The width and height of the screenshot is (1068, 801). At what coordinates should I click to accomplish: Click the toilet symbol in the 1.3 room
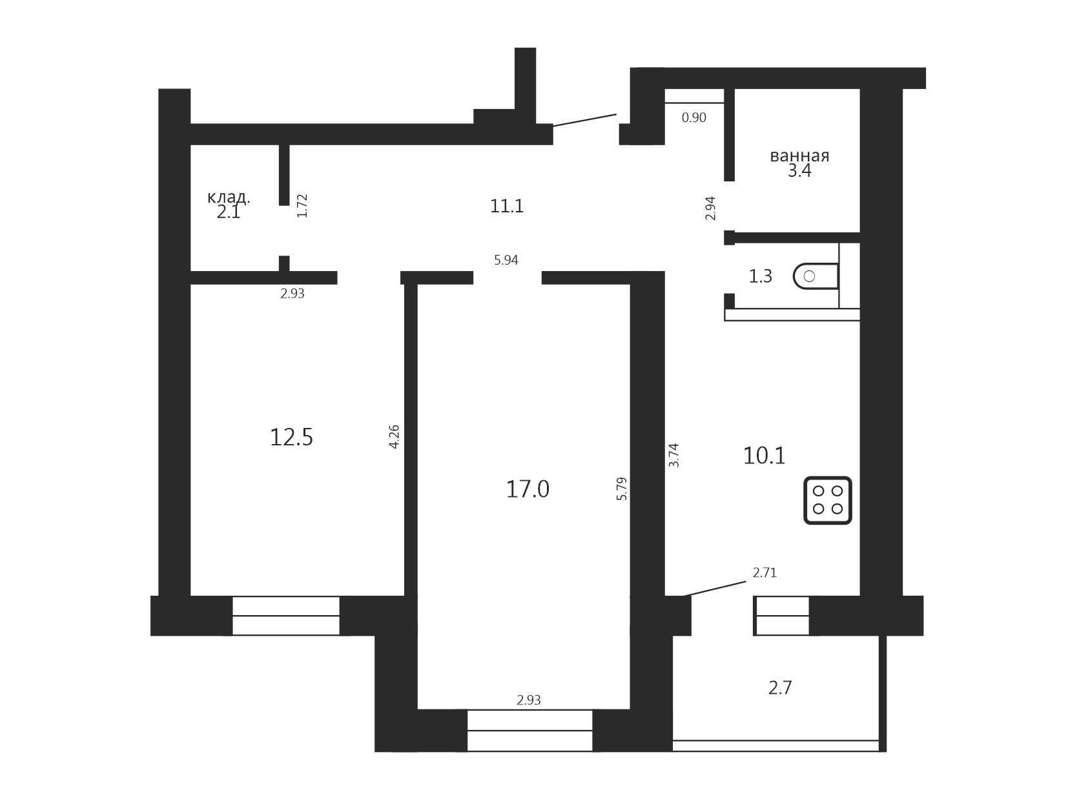pyautogui.click(x=816, y=276)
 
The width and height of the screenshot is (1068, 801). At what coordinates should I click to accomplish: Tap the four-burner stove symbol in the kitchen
pyautogui.click(x=827, y=500)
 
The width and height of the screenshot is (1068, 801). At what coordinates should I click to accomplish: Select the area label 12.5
pyautogui.click(x=291, y=437)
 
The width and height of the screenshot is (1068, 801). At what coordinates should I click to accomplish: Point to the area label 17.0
pyautogui.click(x=528, y=489)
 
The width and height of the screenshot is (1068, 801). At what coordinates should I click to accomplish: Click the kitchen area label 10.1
pyautogui.click(x=765, y=456)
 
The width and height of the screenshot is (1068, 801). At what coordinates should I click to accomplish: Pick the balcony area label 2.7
pyautogui.click(x=780, y=687)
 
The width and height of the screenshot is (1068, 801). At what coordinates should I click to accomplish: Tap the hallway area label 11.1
pyautogui.click(x=506, y=206)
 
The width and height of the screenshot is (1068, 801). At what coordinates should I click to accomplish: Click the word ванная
pyautogui.click(x=799, y=156)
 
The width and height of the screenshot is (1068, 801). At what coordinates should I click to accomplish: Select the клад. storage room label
pyautogui.click(x=229, y=197)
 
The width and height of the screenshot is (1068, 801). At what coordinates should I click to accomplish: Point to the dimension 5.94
pyautogui.click(x=506, y=260)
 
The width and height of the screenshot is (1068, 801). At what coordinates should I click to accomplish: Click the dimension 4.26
pyautogui.click(x=394, y=436)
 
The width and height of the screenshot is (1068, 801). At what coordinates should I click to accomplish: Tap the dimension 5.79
pyautogui.click(x=622, y=489)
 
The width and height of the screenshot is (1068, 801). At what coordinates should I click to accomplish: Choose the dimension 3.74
pyautogui.click(x=673, y=455)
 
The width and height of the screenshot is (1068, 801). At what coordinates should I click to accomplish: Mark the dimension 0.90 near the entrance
pyautogui.click(x=694, y=117)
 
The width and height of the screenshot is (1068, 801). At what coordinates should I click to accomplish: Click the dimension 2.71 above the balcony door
pyautogui.click(x=765, y=573)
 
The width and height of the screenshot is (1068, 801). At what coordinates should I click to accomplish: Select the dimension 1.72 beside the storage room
pyautogui.click(x=302, y=206)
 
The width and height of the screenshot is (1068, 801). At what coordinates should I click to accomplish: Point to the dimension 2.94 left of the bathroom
pyautogui.click(x=710, y=208)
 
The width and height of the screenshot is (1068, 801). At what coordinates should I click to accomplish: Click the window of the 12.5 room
pyautogui.click(x=285, y=616)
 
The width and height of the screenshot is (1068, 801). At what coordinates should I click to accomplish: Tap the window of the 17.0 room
pyautogui.click(x=530, y=730)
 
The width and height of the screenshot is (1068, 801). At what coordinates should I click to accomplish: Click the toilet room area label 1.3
pyautogui.click(x=761, y=276)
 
